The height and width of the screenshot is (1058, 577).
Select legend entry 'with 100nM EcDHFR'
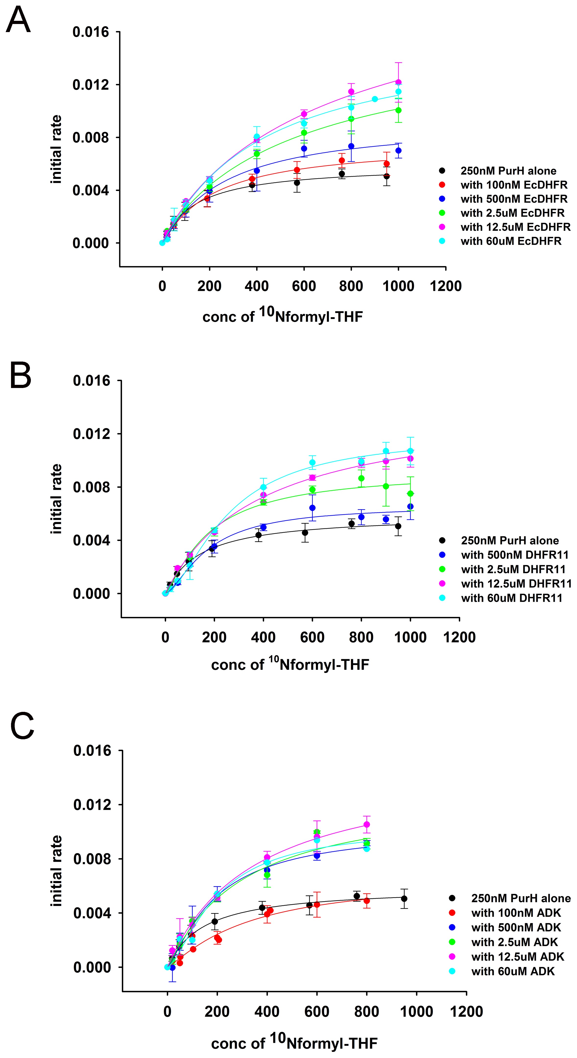coord(514,185)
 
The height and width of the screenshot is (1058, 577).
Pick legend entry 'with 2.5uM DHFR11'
coord(513,569)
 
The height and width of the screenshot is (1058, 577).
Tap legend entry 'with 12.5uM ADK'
coord(518,957)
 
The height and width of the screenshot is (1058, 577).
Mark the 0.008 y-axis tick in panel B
coord(91,487)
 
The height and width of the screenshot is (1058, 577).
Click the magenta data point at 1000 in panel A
coord(398,82)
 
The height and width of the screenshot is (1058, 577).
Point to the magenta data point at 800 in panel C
coord(367,824)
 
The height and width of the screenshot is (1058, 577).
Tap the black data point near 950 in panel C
coord(404,899)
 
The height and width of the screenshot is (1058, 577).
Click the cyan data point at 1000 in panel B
coord(410,451)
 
